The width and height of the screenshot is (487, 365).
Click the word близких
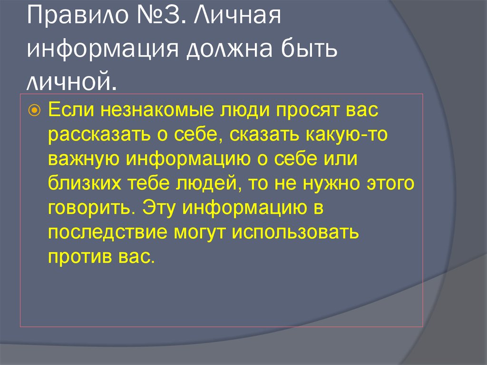coord(84,183)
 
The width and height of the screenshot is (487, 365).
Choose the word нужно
coord(329,183)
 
